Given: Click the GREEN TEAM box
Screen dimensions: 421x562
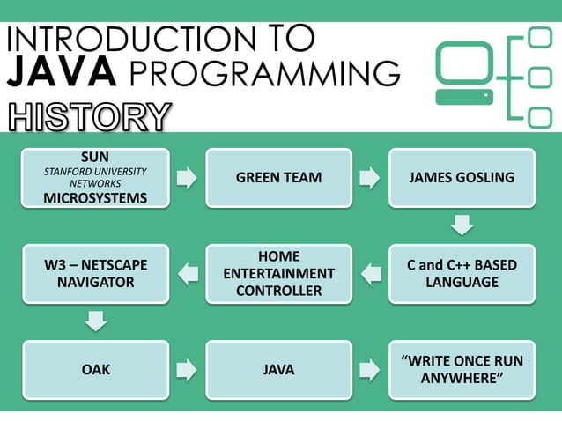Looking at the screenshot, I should (x=278, y=178).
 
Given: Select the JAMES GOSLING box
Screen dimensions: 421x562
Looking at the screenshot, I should (x=462, y=178).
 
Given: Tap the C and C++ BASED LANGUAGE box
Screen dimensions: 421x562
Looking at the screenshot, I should (x=462, y=274).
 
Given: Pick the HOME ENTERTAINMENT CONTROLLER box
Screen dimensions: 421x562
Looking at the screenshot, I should (x=278, y=274).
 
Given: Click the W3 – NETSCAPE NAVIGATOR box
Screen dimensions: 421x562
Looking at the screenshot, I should (x=95, y=274).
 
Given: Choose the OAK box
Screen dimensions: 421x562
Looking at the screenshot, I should (x=95, y=370).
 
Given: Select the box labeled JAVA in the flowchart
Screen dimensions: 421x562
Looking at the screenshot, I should (x=278, y=370).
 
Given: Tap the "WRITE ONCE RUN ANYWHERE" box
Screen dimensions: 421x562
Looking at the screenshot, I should (x=462, y=370).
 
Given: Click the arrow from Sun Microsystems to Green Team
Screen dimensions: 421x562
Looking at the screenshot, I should (x=187, y=178).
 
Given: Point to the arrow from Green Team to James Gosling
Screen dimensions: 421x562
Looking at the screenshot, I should (x=370, y=178).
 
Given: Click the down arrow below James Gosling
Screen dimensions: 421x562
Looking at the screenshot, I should (x=462, y=225).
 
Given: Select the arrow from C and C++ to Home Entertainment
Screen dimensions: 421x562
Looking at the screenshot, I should (x=371, y=274).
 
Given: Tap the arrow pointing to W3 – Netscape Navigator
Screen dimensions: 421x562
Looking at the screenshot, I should (x=188, y=274).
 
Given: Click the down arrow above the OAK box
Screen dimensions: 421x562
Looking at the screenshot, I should (x=95, y=321).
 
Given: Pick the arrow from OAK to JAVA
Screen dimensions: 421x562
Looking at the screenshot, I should (x=187, y=370).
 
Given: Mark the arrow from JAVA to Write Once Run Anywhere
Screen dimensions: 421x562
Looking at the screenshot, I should (x=370, y=370).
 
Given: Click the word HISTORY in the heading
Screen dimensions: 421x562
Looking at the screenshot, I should (x=88, y=117).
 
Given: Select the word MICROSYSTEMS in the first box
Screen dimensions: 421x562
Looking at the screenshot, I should (x=95, y=197).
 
